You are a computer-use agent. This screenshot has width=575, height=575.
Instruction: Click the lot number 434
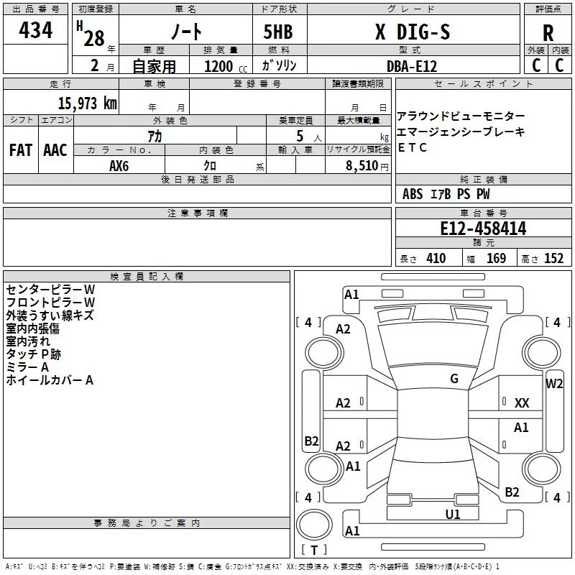[35, 30]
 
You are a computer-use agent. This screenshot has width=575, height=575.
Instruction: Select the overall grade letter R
[548, 33]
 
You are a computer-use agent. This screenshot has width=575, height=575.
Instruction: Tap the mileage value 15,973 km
[87, 103]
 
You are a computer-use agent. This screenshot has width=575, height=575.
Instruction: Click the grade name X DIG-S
[413, 32]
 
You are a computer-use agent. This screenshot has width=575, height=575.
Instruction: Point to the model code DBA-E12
[412, 66]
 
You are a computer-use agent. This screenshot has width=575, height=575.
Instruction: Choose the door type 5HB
[278, 32]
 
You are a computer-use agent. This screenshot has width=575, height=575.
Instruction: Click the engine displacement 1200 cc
[226, 66]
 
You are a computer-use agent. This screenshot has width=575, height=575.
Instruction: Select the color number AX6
[119, 166]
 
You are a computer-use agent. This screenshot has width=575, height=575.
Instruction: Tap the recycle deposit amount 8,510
[362, 166]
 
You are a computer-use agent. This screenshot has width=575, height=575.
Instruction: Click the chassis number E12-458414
[483, 229]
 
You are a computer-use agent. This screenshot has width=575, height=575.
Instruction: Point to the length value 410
[436, 259]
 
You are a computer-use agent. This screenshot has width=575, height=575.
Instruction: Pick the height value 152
[553, 259]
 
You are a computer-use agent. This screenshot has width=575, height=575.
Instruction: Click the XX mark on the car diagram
[522, 403]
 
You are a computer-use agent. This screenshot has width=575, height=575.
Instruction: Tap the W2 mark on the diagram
[554, 384]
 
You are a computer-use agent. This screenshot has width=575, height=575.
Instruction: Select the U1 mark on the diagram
[453, 515]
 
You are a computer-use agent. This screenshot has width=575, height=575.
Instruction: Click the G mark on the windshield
[454, 379]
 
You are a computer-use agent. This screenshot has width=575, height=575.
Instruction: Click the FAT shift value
[21, 150]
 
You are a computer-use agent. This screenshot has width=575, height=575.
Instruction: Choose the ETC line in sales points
[412, 147]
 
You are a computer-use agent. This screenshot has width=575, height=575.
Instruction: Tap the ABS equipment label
[412, 194]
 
